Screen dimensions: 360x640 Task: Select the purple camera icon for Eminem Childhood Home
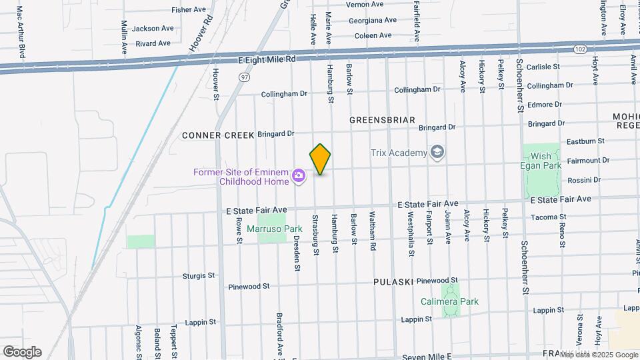click(299, 176)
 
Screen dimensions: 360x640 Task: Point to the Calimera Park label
click(449, 301)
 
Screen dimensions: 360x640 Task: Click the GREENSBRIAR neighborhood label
click(383, 120)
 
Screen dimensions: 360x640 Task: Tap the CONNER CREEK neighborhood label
click(218, 135)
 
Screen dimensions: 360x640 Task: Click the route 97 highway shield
click(245, 77)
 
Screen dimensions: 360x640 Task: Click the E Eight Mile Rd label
click(267, 59)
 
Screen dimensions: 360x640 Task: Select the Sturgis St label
click(199, 275)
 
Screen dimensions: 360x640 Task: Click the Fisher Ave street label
click(189, 10)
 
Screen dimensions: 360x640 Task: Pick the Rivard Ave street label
click(153, 43)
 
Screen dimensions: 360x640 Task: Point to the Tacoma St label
click(548, 217)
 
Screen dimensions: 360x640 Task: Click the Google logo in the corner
click(22, 352)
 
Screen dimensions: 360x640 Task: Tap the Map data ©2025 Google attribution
click(599, 355)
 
